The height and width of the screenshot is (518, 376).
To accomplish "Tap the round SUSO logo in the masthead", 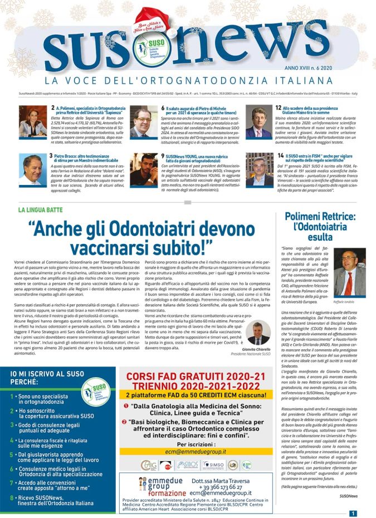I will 143,50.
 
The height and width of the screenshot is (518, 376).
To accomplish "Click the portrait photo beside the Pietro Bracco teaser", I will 32,170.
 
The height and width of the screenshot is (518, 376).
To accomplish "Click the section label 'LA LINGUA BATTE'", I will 41,211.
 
